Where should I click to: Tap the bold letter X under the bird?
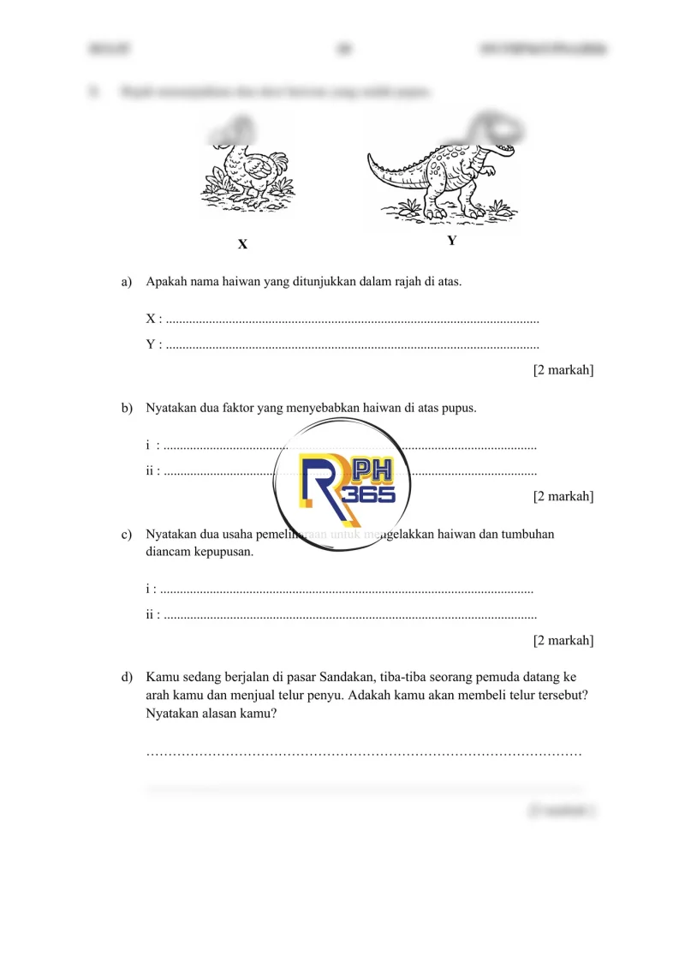[242, 244]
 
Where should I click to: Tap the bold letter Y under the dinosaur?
[452, 241]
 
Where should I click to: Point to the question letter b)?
[128, 408]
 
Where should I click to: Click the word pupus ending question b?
[458, 408]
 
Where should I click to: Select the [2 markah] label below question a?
[563, 370]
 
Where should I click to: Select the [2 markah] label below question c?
[563, 640]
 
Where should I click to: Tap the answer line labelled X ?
[351, 320]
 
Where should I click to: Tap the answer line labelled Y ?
[351, 345]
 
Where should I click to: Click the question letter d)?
[128, 677]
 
